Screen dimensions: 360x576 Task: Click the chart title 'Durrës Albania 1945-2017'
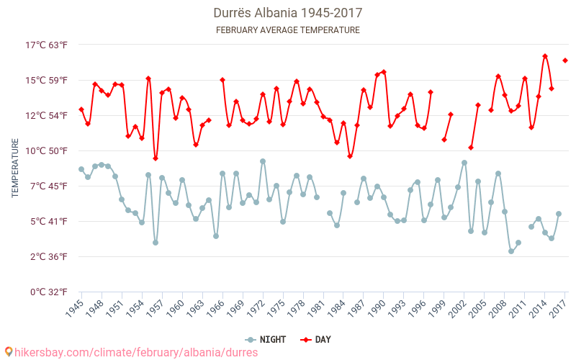[x=287, y=13]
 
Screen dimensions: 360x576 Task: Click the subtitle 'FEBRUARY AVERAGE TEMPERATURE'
[x=287, y=30]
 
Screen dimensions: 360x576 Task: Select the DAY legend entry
[x=316, y=339]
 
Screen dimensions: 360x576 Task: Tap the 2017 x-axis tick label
[x=559, y=309]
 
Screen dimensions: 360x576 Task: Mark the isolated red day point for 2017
[x=565, y=60]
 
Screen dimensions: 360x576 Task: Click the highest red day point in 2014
[x=545, y=56]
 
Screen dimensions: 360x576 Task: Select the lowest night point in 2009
[x=511, y=251]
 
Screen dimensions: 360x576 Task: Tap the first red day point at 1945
[x=81, y=109]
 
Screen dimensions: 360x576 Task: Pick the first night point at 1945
[x=81, y=169]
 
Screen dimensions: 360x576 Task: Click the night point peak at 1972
[x=263, y=161]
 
